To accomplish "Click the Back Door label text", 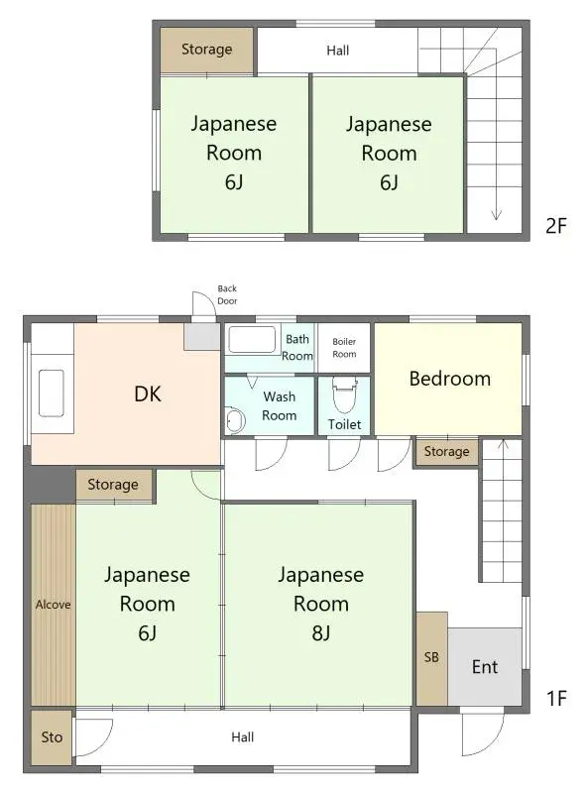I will pyautogui.click(x=227, y=294).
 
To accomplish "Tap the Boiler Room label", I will pyautogui.click(x=344, y=348).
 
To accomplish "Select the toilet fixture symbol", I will pyautogui.click(x=344, y=396).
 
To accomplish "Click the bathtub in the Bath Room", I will pyautogui.click(x=255, y=340).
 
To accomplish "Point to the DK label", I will pyautogui.click(x=148, y=394).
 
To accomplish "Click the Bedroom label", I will pyautogui.click(x=449, y=378).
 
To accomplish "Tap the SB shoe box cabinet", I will pyautogui.click(x=431, y=657).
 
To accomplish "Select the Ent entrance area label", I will pyautogui.click(x=484, y=666).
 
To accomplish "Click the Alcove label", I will pyautogui.click(x=53, y=604).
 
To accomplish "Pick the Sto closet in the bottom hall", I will pyautogui.click(x=52, y=737).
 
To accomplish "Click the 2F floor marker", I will pyautogui.click(x=555, y=225).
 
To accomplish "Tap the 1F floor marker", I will pyautogui.click(x=555, y=699).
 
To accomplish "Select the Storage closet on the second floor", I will pyautogui.click(x=207, y=49).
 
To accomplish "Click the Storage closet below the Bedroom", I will pyautogui.click(x=446, y=452).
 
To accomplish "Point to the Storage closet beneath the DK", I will pyautogui.click(x=113, y=485).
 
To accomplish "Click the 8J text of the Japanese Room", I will pyautogui.click(x=320, y=632).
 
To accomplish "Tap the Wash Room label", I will pyautogui.click(x=279, y=406).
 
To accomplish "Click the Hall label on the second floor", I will pyautogui.click(x=337, y=50).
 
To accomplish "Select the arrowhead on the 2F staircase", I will pyautogui.click(x=495, y=215).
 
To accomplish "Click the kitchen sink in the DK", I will pyautogui.click(x=51, y=394).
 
